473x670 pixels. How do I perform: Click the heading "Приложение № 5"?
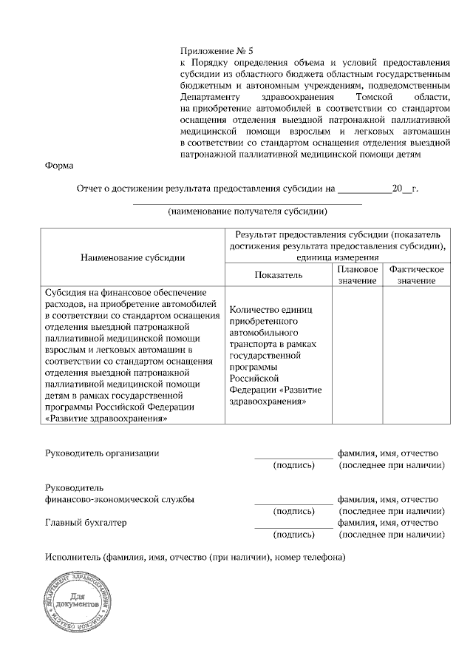click(217, 51)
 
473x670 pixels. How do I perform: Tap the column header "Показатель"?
click(279, 274)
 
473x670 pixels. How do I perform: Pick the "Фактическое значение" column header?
click(416, 275)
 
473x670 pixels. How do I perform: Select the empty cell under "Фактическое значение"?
click(416, 355)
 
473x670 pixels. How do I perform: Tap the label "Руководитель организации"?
click(102, 453)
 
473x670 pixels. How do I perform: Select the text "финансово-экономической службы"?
click(120, 499)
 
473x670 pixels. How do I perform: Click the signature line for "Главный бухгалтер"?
click(293, 526)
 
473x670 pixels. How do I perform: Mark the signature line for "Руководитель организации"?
click(293, 457)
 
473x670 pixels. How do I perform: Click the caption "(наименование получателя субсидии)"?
click(248, 212)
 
